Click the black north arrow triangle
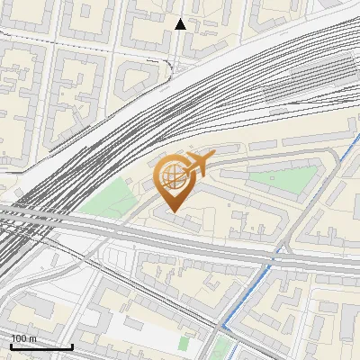[x=181, y=24]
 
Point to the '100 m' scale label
[x=23, y=337]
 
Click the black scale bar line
[x=40, y=346]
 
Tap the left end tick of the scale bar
[x=10, y=345]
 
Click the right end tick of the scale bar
[x=72, y=345]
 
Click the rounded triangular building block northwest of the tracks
[x=135, y=76]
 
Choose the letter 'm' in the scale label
[x=33, y=337]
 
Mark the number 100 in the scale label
[x=19, y=337]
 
